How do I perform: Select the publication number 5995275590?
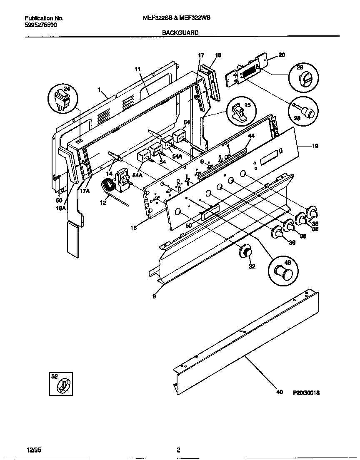pos(41,25)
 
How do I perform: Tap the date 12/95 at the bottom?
pos(33,450)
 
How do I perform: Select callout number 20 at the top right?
pos(281,55)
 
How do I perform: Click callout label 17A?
pos(85,191)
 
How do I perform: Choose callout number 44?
pos(251,137)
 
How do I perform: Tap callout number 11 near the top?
pos(138,70)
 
